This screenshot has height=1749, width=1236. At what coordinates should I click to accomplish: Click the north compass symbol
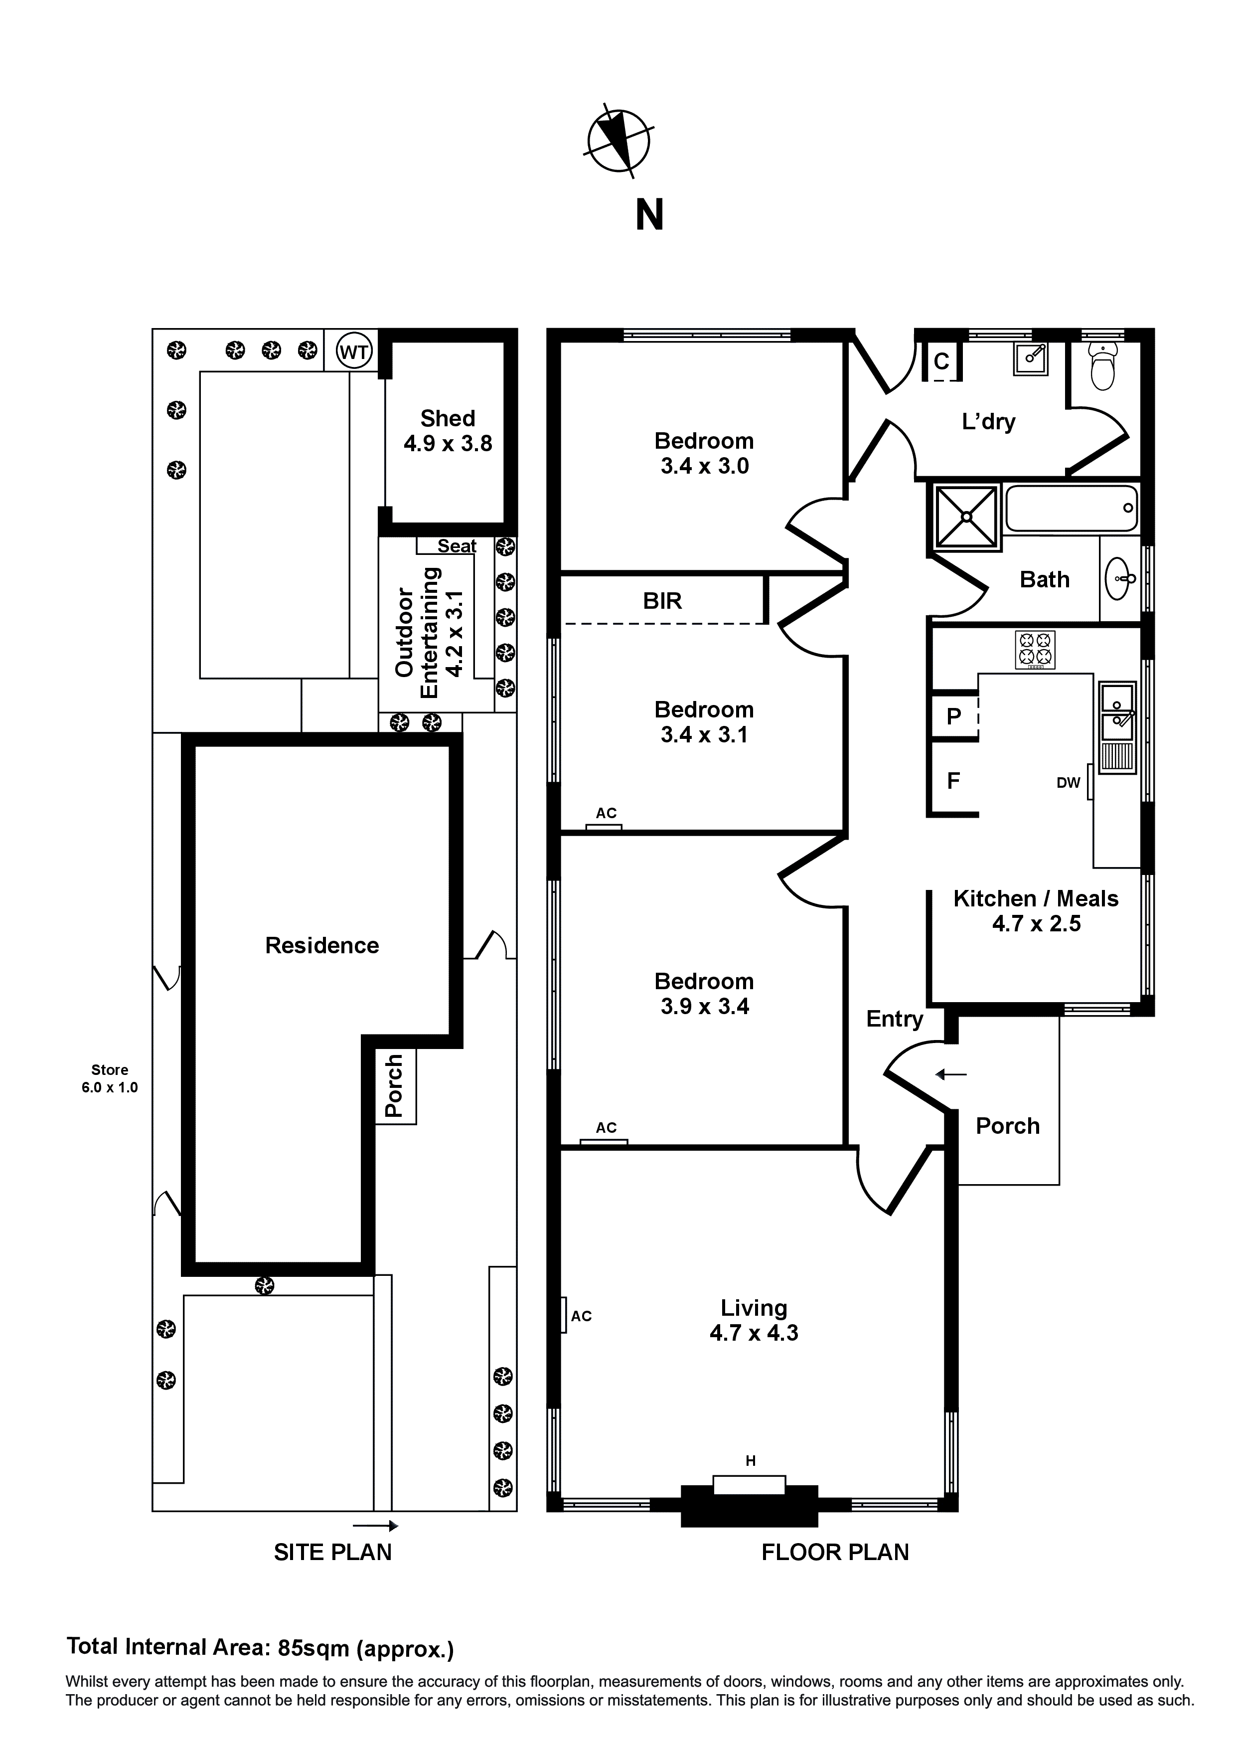click(x=618, y=142)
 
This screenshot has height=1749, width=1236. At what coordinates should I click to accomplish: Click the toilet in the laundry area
click(x=1103, y=364)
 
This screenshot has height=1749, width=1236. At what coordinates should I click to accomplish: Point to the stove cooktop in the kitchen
click(x=1035, y=651)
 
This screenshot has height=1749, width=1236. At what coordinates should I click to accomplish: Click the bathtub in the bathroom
click(x=1071, y=508)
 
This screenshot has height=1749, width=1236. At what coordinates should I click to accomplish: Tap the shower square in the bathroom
click(x=966, y=517)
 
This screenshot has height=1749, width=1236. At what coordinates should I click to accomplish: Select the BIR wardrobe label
click(x=662, y=601)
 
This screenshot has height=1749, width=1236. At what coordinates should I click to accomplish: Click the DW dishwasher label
click(x=1069, y=782)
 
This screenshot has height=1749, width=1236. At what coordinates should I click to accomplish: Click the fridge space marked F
click(x=953, y=781)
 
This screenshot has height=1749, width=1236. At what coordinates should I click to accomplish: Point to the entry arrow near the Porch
click(x=951, y=1075)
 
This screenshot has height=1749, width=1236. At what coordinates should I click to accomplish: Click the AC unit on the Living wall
click(x=564, y=1316)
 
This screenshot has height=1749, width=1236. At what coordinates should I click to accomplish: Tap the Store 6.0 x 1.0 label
click(x=110, y=1078)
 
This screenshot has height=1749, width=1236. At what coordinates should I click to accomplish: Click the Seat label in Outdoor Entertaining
click(x=456, y=546)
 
